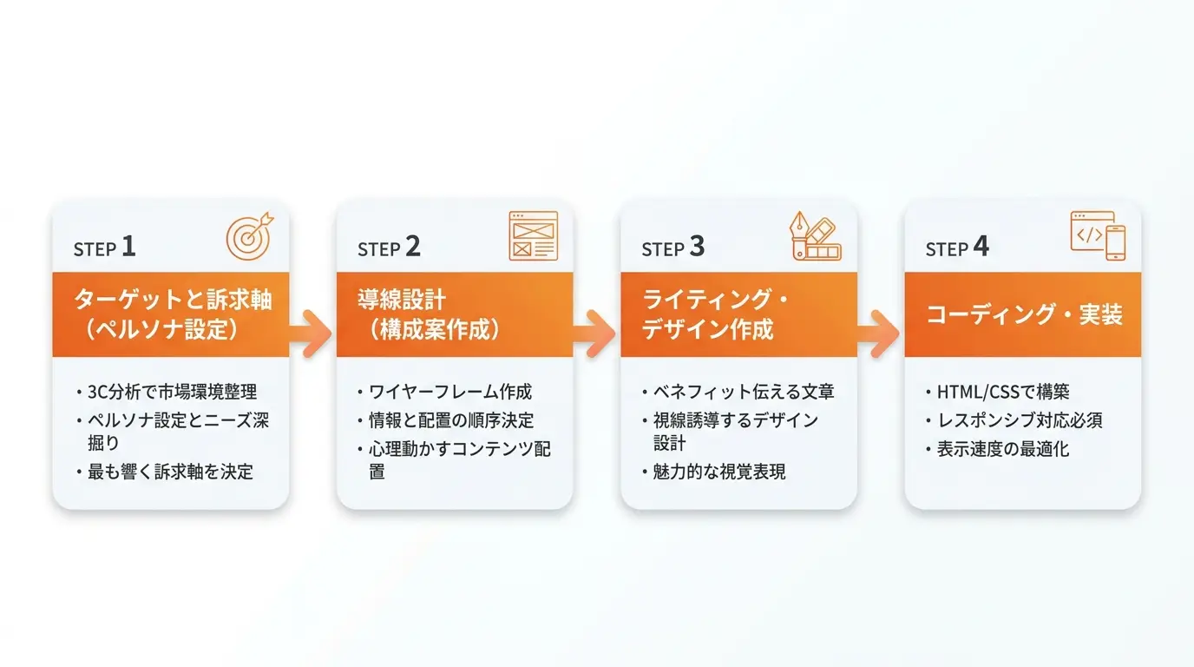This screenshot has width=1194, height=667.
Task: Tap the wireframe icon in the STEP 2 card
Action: [x=533, y=236]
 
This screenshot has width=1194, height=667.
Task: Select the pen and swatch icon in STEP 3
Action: [x=816, y=236]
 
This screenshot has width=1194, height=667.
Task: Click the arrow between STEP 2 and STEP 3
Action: [x=595, y=333]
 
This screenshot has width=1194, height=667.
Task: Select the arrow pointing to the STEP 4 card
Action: [x=880, y=333]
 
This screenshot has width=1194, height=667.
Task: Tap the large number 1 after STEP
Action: [x=128, y=247]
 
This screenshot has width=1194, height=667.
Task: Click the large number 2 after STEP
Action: [x=413, y=247]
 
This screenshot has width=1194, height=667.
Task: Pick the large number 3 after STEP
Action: [x=697, y=247]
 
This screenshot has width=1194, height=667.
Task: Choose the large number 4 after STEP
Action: [x=981, y=247]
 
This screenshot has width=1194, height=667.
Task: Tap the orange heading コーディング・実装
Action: [x=1025, y=314]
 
